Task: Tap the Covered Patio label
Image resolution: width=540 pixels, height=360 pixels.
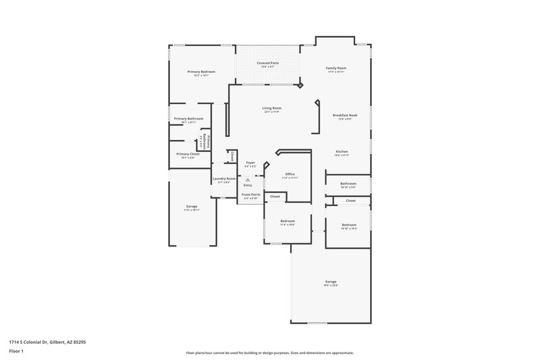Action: coord(267,63)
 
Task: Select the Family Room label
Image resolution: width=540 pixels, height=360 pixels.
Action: coord(336,68)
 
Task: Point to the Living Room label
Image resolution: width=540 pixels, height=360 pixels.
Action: coord(272,108)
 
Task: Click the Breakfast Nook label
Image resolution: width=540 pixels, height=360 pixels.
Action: coord(345,115)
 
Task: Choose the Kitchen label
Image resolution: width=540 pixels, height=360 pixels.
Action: coord(342,151)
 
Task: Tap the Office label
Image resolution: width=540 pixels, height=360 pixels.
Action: coord(290,174)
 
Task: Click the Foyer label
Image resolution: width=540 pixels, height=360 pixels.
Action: coord(250,163)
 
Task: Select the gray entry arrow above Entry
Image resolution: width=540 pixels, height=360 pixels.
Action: coord(248,179)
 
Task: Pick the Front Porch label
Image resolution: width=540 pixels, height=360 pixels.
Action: coord(251,195)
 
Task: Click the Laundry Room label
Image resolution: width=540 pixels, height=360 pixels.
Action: coord(224,179)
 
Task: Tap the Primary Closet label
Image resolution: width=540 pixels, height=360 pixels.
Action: coord(188,154)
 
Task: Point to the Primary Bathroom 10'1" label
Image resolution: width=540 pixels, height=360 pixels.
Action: coord(188,119)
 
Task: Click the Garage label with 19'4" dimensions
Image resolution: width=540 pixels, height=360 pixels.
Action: coord(331,282)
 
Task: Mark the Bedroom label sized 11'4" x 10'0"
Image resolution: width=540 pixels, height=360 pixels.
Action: coord(288,221)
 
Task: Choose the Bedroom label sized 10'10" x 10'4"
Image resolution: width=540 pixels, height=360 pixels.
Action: coord(349,225)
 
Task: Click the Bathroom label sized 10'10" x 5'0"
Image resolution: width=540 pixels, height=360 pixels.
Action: coord(348,184)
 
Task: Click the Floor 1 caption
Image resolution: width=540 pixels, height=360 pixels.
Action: coord(16,351)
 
